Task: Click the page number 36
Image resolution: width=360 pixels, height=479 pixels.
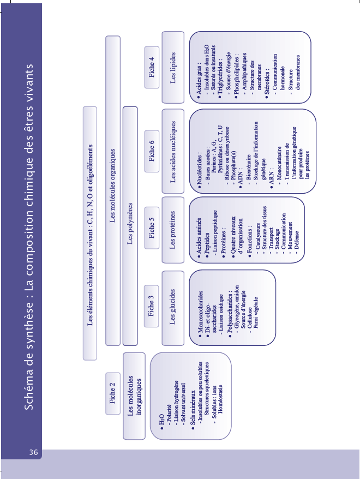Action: click(33, 452)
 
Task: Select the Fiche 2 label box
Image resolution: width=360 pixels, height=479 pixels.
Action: click(112, 394)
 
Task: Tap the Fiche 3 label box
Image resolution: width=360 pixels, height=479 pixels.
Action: click(151, 307)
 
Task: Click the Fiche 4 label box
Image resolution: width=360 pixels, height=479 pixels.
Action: click(151, 67)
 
